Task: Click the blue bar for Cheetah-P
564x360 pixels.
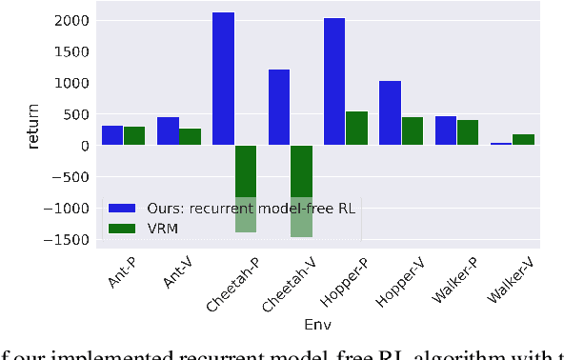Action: click(x=223, y=79)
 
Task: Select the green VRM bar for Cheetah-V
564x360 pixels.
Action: click(x=302, y=190)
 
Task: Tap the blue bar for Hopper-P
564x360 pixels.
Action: click(x=334, y=82)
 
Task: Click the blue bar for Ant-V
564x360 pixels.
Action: click(x=168, y=131)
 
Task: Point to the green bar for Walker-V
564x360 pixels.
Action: click(x=523, y=140)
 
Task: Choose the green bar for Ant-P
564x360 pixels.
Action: click(x=134, y=136)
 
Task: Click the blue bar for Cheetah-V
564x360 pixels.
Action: click(x=279, y=108)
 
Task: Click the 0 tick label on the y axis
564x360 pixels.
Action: click(x=84, y=146)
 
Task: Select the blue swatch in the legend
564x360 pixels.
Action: click(x=122, y=209)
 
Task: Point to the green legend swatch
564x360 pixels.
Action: click(x=122, y=229)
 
